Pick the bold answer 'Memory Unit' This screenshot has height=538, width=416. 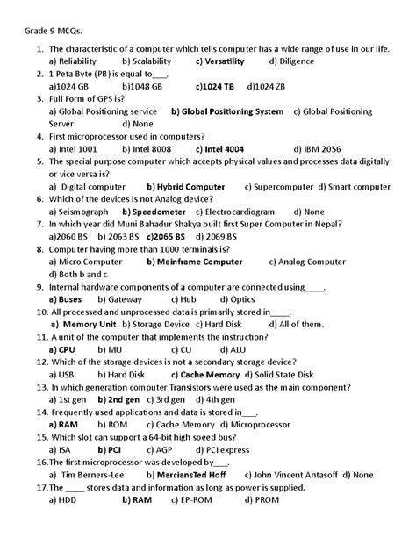tap(89, 324)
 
